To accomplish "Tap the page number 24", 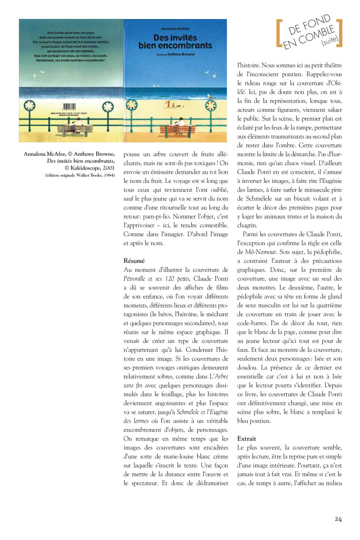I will (x=338, y=519).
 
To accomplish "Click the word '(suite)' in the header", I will (x=329, y=42).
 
